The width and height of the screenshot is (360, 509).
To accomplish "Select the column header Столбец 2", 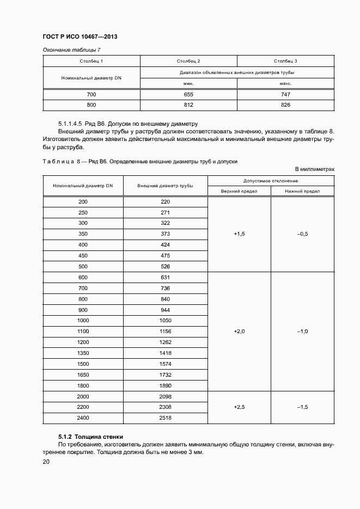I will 188,61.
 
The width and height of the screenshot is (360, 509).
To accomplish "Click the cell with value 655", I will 188,95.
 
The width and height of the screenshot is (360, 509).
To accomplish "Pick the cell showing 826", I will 285,105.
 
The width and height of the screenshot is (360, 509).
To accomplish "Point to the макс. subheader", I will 285,83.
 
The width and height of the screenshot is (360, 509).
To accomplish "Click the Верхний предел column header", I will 239,191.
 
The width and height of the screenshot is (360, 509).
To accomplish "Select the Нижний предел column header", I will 302,191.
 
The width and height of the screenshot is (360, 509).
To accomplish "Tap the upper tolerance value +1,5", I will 239,234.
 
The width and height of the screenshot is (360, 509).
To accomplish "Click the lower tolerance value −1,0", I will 302,332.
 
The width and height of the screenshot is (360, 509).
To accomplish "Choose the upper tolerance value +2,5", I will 239,407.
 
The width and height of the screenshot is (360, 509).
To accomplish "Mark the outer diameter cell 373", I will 166,234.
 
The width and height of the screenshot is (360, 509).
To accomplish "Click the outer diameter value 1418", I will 166,353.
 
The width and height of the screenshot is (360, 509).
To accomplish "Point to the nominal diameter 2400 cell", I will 83,418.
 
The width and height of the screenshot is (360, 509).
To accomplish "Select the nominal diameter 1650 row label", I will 83,375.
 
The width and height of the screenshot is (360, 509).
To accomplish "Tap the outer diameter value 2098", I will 166,396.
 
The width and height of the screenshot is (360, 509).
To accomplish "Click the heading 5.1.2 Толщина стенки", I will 91,437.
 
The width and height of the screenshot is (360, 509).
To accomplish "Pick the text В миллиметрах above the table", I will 315,169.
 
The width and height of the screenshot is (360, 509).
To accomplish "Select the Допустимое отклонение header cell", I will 271,180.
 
